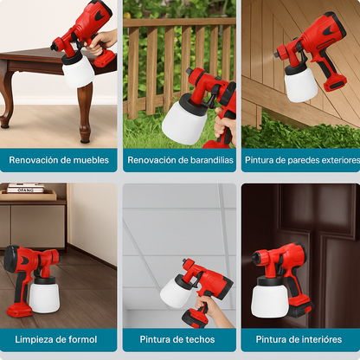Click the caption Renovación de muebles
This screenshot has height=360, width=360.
pos(59,160)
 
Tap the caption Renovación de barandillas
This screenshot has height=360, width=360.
pos(180,160)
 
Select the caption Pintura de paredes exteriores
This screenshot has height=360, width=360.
pos(301,160)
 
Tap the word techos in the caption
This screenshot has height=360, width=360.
pos(198,338)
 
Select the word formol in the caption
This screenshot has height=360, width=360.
pos(79,338)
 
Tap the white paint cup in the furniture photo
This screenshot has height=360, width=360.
pos(78,68)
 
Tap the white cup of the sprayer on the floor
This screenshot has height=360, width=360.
pos(44,294)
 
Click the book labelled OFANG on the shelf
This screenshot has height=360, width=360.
pos(25,190)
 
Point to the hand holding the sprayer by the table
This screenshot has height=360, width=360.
pos(105,39)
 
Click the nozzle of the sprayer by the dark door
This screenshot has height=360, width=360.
pos(256,258)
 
